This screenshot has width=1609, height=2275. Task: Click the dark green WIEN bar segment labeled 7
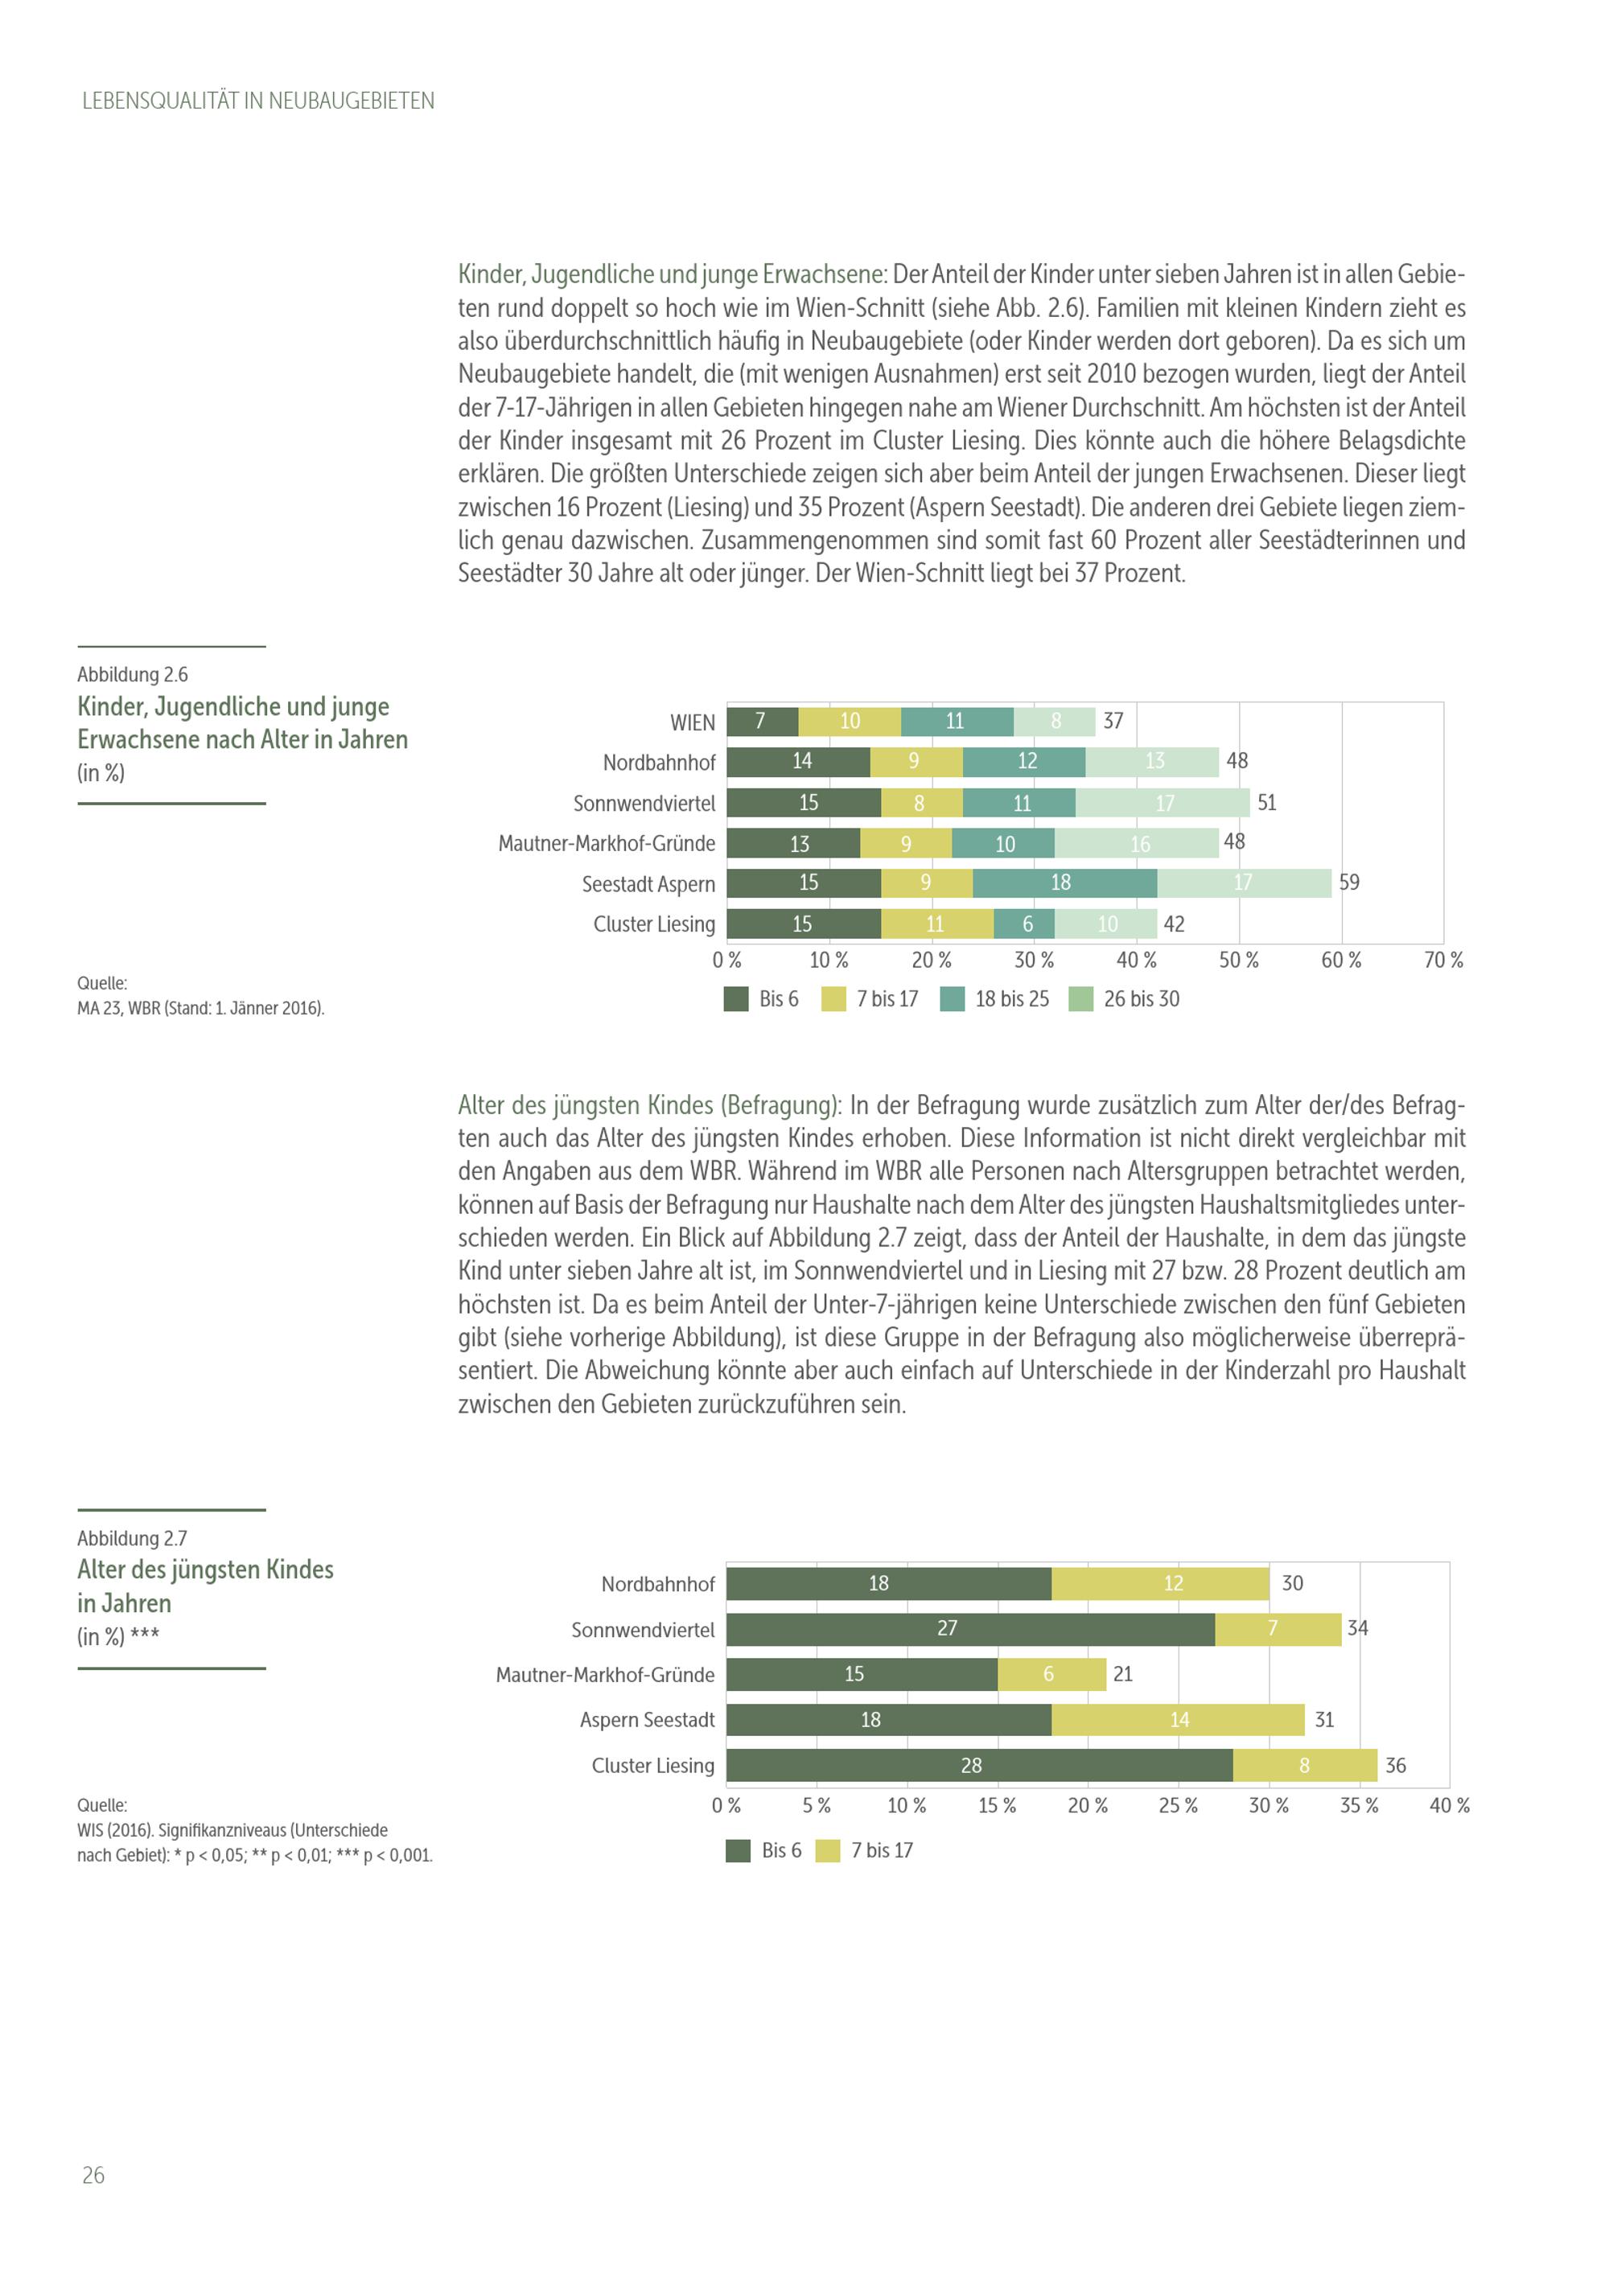(x=762, y=722)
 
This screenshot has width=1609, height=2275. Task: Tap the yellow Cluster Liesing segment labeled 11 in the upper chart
(x=936, y=924)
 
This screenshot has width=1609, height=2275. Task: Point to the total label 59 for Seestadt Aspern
(x=1349, y=882)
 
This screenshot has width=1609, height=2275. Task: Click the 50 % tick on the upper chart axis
(x=1238, y=961)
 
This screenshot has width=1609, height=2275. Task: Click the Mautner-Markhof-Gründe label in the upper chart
(x=607, y=843)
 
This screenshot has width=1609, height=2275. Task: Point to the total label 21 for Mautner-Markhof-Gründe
(x=1122, y=1673)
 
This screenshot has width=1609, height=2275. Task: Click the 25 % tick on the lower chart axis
(x=1178, y=1805)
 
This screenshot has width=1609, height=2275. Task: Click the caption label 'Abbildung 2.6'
(x=133, y=675)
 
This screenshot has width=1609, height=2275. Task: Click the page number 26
(x=93, y=2175)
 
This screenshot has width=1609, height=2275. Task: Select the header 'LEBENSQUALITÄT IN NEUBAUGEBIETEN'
(x=257, y=101)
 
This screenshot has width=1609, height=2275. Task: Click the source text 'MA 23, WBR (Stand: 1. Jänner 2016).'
(x=201, y=1009)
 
